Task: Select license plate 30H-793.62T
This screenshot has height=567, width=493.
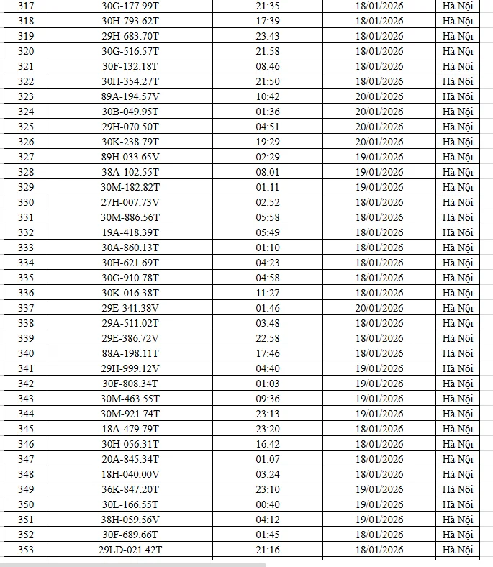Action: (130, 20)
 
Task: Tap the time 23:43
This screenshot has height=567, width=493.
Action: (268, 36)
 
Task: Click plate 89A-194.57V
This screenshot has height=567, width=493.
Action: (130, 96)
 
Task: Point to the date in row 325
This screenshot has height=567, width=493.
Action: (379, 127)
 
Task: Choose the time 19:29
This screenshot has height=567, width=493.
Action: (268, 142)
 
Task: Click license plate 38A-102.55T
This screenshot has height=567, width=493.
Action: (130, 172)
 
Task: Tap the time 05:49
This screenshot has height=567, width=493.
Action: (268, 232)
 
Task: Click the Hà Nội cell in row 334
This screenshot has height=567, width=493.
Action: (458, 263)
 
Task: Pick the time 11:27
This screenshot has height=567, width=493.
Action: (268, 293)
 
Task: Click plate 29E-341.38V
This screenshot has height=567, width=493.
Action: (130, 308)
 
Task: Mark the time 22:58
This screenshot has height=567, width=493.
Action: (268, 338)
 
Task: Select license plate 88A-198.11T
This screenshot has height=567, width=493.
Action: (130, 353)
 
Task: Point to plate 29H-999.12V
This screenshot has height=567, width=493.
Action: (130, 368)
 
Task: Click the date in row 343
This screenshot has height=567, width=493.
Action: (379, 399)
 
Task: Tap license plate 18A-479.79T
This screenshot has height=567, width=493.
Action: (130, 429)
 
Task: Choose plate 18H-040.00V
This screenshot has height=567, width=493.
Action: (130, 474)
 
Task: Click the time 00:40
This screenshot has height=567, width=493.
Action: (268, 504)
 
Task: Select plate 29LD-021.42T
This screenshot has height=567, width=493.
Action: (130, 550)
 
